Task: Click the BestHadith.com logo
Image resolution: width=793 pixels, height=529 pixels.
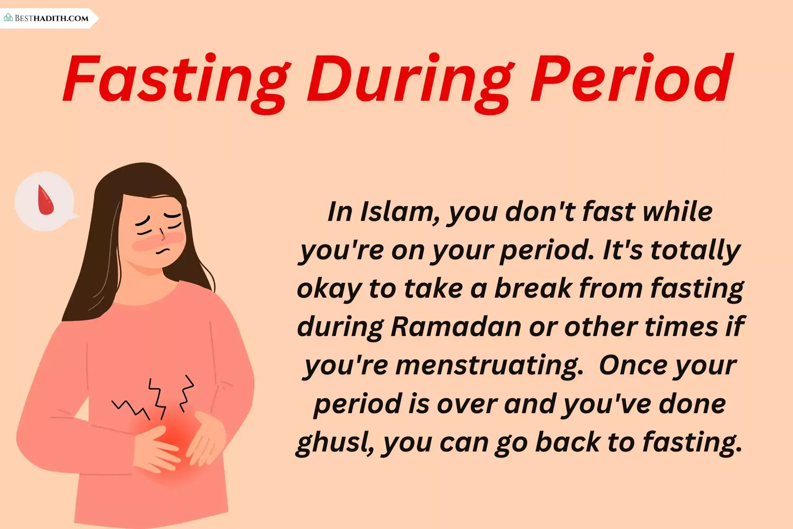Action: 46,18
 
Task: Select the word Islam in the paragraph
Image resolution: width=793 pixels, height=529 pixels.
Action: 400,212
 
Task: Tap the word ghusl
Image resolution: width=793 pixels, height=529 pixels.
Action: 335,442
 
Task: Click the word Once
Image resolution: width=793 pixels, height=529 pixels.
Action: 633,365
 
